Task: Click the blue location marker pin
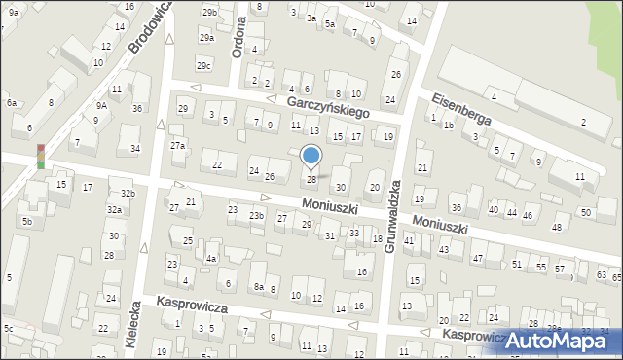[x=311, y=156]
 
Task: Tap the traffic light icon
[x=41, y=157]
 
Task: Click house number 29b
[x=209, y=12]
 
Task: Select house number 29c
[x=203, y=65]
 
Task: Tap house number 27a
[x=177, y=145]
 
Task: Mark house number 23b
[x=256, y=215]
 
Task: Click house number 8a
[x=259, y=287]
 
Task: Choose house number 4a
[x=210, y=259]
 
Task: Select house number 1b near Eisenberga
[x=449, y=126]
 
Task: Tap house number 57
[x=559, y=268]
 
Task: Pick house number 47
[x=477, y=258]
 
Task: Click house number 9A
[x=101, y=105]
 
